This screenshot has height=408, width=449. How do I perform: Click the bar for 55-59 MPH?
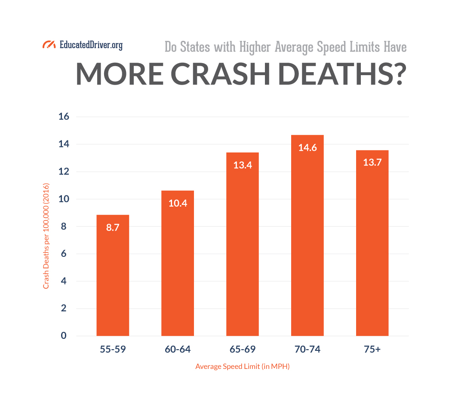(113, 275)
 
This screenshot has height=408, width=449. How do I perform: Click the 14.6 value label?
(307, 148)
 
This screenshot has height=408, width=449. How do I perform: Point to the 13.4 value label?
(243, 165)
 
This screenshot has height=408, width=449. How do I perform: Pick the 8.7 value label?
(113, 228)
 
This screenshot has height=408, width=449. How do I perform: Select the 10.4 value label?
(178, 204)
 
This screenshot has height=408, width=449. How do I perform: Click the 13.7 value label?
(372, 163)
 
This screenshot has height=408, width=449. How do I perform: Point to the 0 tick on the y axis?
(64, 336)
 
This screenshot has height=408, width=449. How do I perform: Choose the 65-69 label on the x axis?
(243, 350)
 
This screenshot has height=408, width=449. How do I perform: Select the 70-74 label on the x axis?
(307, 350)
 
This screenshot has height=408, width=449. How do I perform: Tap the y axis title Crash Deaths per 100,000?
(46, 236)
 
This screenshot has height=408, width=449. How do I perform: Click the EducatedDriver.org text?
(91, 45)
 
